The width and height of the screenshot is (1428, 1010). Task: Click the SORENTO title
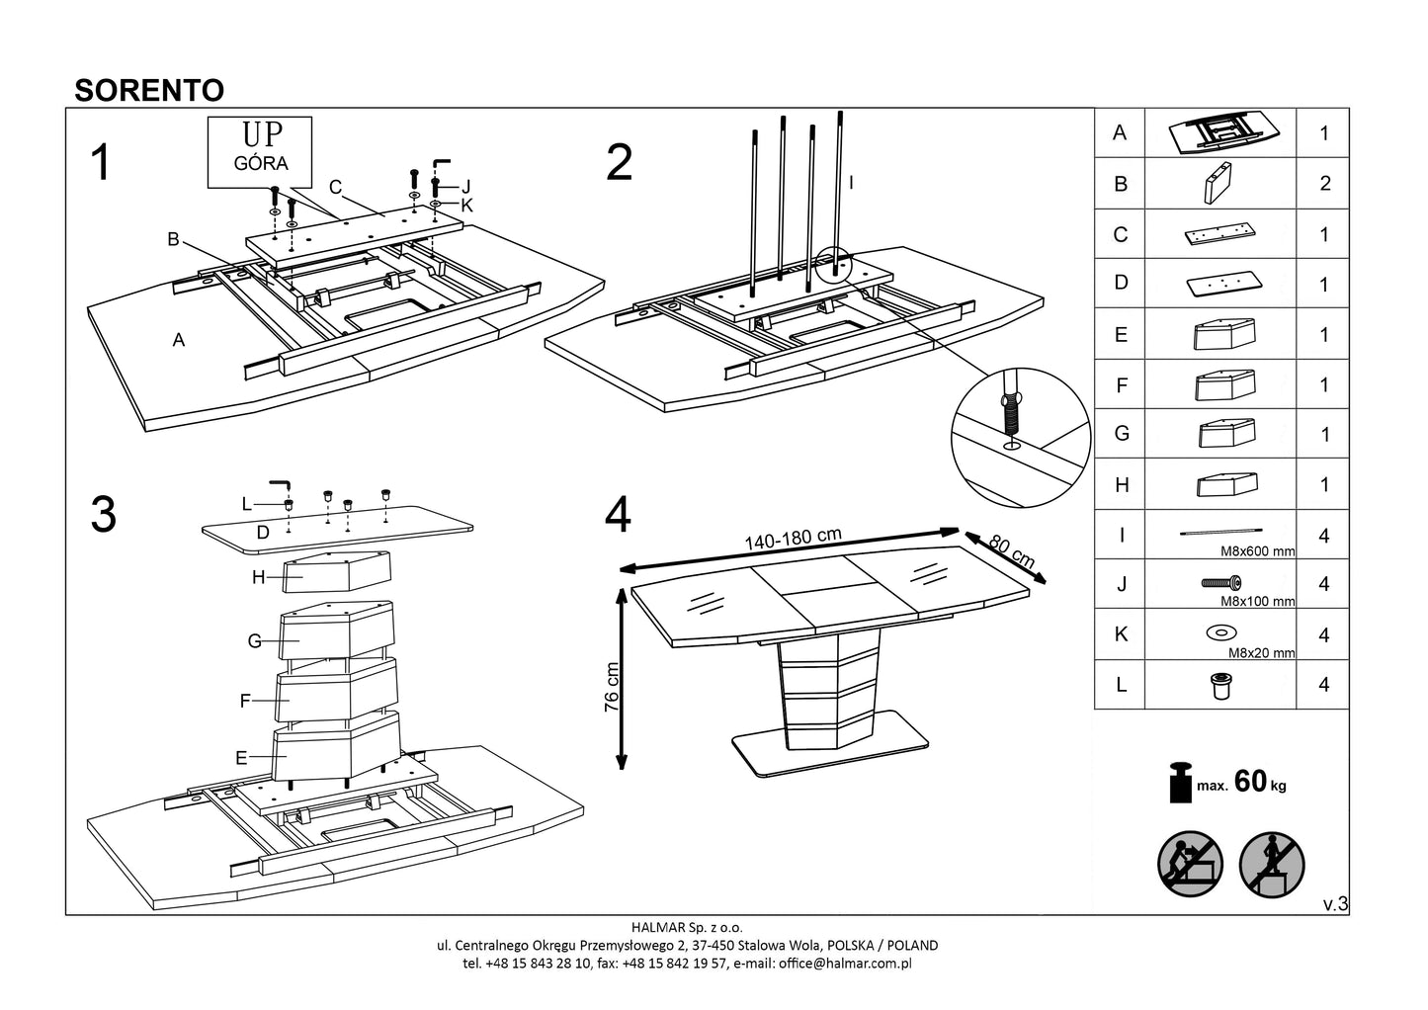click(149, 90)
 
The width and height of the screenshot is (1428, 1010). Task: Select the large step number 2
click(619, 163)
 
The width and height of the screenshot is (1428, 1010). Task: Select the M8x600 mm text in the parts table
click(1256, 551)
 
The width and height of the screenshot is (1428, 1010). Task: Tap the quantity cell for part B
click(1324, 184)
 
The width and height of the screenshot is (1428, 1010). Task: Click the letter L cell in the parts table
click(1120, 685)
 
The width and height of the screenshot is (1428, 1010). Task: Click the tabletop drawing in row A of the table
click(1220, 133)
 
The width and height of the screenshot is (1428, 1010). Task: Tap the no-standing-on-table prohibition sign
click(1272, 865)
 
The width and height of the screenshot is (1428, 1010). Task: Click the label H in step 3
click(258, 578)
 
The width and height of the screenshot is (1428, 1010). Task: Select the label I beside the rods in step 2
click(851, 183)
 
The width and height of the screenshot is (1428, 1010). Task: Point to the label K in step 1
click(467, 206)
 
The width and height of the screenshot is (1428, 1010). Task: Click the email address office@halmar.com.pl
click(851, 963)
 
